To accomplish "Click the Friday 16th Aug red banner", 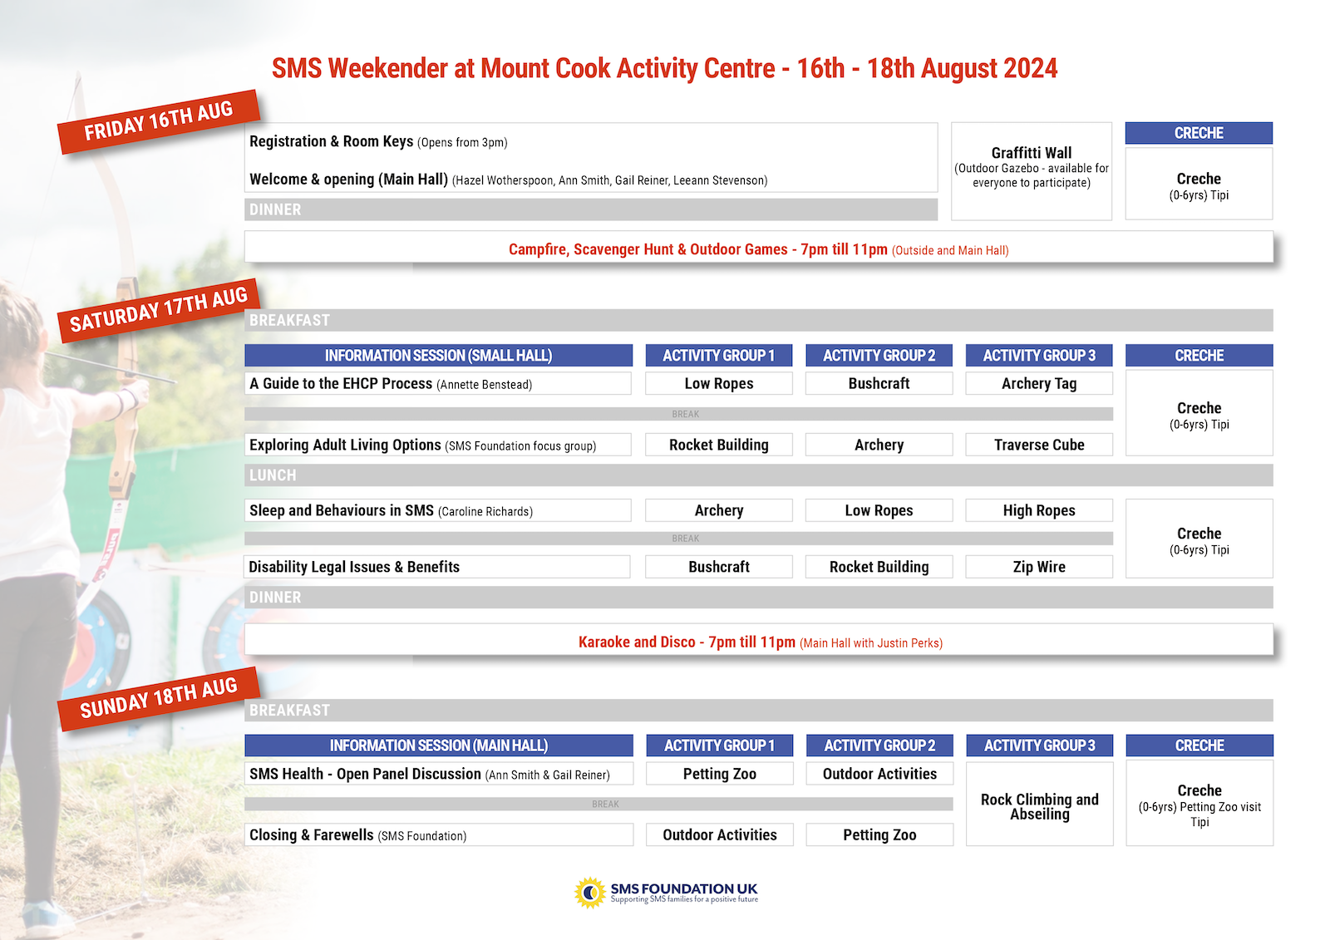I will click(x=158, y=121).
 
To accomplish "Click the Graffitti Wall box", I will click(x=1031, y=170).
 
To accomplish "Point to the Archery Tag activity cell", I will click(x=1039, y=383).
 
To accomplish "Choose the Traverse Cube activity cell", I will click(x=1039, y=445).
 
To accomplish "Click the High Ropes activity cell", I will click(x=1039, y=510).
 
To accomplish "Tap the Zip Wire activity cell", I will click(x=1039, y=567).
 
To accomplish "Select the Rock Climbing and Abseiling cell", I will click(x=1039, y=806).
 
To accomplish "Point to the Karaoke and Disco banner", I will click(x=759, y=642).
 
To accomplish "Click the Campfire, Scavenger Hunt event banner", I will click(x=758, y=249).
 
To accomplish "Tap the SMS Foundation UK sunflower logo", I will click(x=590, y=893).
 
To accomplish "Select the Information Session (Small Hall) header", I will click(x=438, y=356).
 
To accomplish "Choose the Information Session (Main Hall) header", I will click(x=438, y=746).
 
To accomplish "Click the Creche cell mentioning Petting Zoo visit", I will click(x=1199, y=804).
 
